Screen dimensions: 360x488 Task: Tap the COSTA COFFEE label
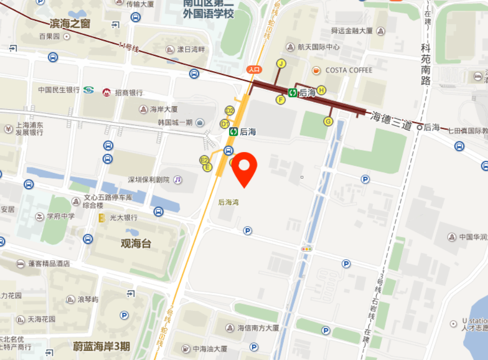tap(349, 70)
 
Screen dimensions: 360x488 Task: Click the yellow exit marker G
tap(328, 121)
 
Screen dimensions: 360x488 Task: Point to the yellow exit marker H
tap(322, 89)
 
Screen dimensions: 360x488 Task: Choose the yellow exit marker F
tap(280, 100)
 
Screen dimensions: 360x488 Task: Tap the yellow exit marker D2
tap(229, 110)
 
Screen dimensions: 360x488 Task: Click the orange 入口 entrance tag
tap(254, 69)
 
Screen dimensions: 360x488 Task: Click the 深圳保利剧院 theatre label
tap(149, 180)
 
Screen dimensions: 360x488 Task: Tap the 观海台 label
tap(136, 244)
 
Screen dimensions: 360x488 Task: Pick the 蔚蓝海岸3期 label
tap(101, 347)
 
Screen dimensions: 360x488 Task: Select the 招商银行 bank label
tap(129, 93)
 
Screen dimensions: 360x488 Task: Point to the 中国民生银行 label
tap(59, 89)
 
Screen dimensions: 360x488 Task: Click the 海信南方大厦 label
tap(259, 328)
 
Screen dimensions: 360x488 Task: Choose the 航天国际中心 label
tap(319, 47)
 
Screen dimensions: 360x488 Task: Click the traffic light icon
tap(306, 249)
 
